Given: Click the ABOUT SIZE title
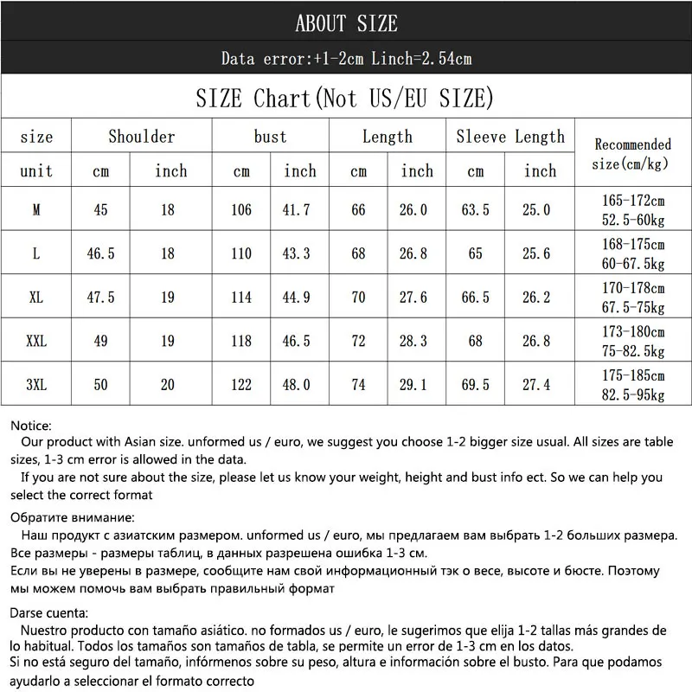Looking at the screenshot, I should click(346, 23).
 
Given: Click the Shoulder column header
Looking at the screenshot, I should click(141, 137).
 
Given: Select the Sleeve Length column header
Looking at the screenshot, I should click(509, 137).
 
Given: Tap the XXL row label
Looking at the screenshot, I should click(36, 341).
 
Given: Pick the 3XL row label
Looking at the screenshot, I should click(36, 385).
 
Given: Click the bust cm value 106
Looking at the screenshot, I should click(241, 210).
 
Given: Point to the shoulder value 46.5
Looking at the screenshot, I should click(101, 253).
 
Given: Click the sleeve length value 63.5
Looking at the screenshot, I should click(475, 210).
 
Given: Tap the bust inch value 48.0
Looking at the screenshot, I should click(300, 385).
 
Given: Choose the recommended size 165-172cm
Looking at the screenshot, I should click(633, 201).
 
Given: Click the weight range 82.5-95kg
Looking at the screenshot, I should click(633, 394).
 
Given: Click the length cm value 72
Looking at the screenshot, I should click(358, 341).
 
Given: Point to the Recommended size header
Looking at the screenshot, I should click(633, 153).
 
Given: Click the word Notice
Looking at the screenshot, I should click(31, 426).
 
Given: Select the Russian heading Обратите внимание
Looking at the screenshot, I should click(73, 517).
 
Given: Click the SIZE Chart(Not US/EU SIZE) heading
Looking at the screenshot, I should click(346, 97).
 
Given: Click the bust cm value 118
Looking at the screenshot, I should click(241, 341).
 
